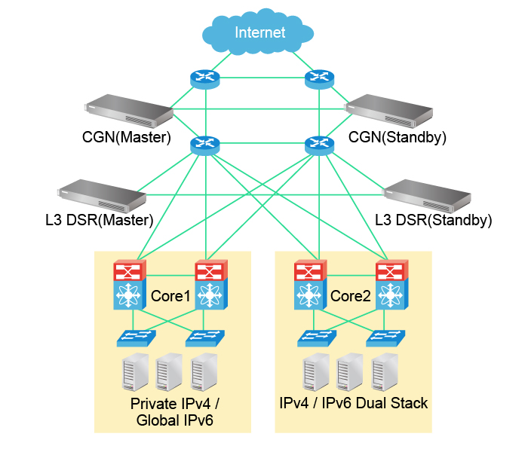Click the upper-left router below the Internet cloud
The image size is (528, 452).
pyautogui.click(x=203, y=78)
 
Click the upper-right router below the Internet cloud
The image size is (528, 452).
pyautogui.click(x=318, y=78)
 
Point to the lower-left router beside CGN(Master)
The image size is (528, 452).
pyautogui.click(x=203, y=144)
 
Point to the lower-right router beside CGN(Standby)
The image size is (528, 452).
pyautogui.click(x=318, y=144)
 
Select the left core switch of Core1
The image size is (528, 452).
pyautogui.click(x=127, y=286)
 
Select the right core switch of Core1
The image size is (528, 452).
pyautogui.click(x=210, y=286)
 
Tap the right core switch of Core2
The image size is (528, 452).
pyautogui.click(x=391, y=286)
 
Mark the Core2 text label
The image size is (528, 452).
pyautogui.click(x=351, y=296)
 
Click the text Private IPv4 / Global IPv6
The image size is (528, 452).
pyautogui.click(x=175, y=411)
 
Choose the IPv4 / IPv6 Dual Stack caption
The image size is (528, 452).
pyautogui.click(x=354, y=403)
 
